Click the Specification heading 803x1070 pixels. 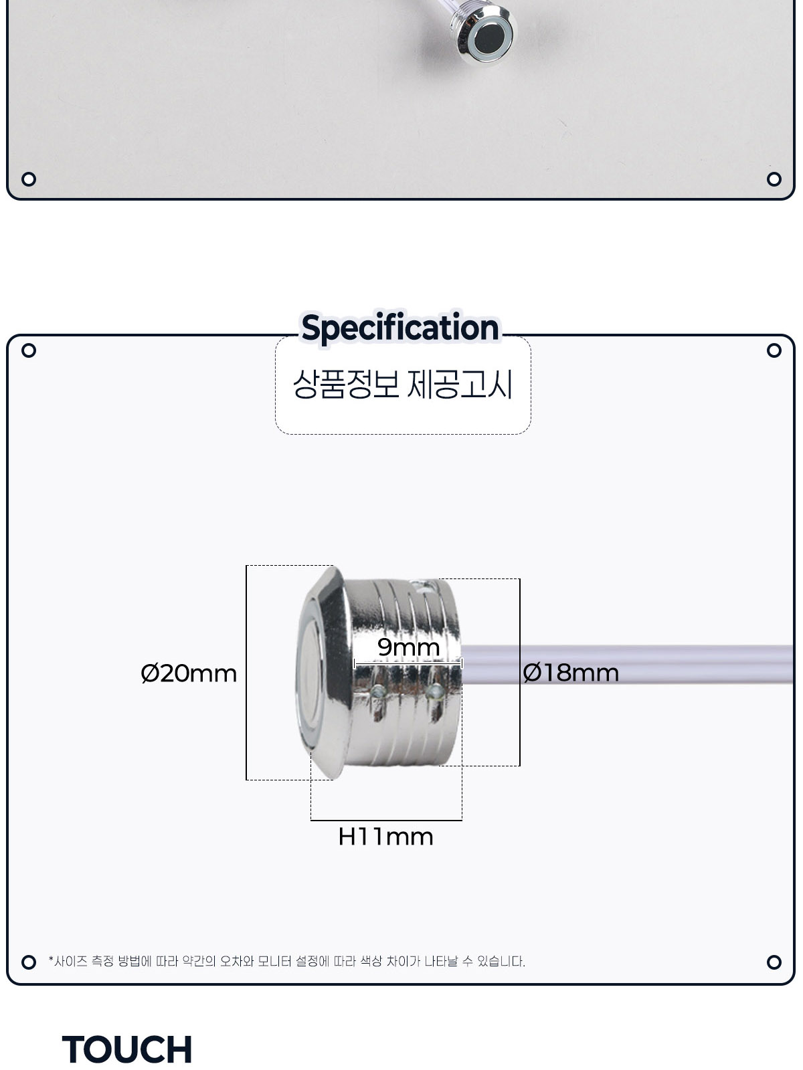click(400, 327)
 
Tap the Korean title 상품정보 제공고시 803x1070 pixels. click(403, 385)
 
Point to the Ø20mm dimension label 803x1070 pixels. click(189, 673)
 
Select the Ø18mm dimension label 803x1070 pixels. click(570, 673)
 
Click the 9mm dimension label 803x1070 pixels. click(409, 647)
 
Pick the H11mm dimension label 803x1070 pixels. click(385, 837)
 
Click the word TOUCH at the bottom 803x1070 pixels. click(126, 1049)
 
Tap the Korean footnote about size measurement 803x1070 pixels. click(286, 961)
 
